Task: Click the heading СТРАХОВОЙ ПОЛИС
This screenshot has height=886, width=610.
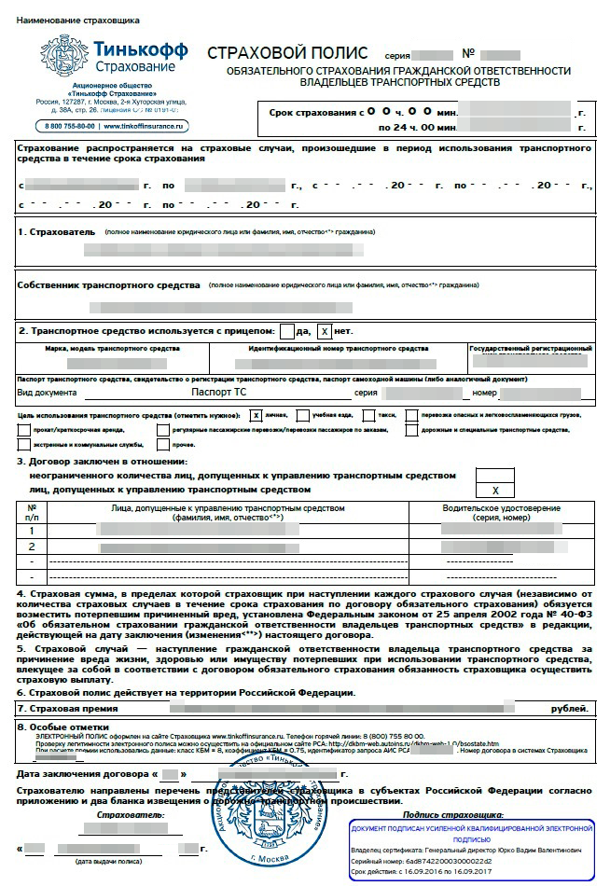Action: (286, 53)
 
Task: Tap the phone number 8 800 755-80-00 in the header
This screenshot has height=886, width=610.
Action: (68, 125)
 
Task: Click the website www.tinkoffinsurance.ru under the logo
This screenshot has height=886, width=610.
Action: (146, 125)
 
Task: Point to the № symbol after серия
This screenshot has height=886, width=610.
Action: (469, 53)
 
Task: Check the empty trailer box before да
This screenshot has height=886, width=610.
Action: (286, 331)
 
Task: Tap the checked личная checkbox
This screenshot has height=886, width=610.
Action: (256, 414)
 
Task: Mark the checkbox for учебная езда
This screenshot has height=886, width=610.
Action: (303, 414)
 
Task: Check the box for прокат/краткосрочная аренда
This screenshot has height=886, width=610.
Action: (23, 430)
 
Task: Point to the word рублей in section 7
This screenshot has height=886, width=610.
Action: (570, 709)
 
